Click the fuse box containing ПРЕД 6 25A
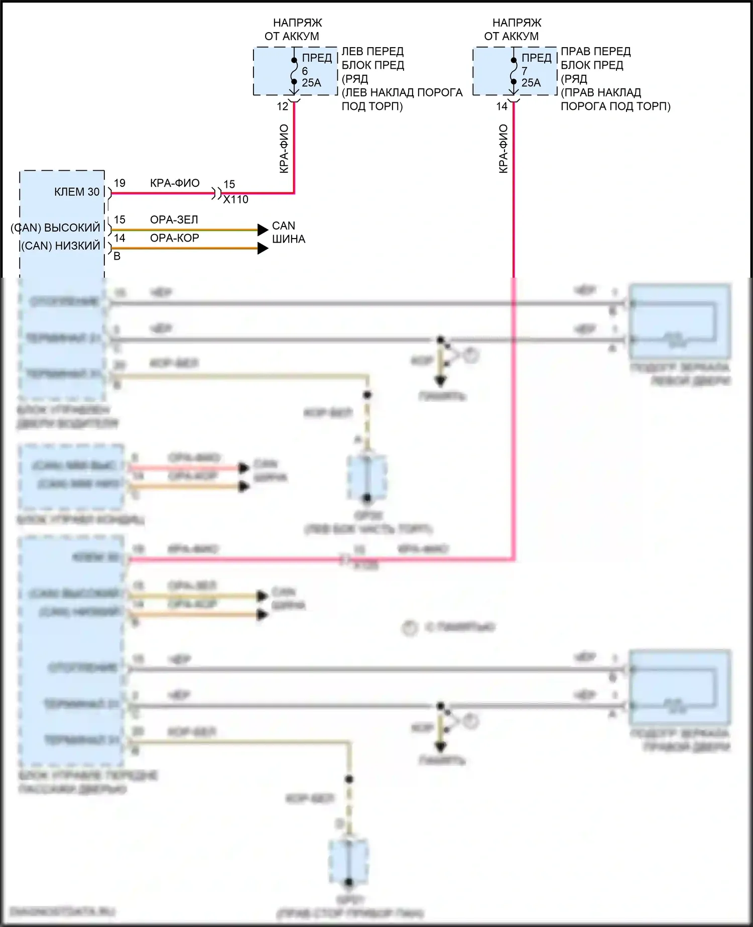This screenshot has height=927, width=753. point(295,71)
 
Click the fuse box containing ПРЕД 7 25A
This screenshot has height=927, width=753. point(515,71)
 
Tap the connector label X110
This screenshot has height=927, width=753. point(236,200)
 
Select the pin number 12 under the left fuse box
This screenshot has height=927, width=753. point(283,106)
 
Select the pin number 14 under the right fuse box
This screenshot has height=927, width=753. point(502,106)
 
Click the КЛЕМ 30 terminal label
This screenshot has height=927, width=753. point(77,192)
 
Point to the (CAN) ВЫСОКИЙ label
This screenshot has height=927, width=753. point(56,228)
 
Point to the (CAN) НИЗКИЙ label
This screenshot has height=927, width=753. point(61,246)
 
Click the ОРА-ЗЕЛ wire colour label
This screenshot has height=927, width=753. point(174,220)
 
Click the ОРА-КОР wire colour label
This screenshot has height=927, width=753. point(175,238)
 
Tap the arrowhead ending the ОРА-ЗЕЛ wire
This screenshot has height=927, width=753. point(263,230)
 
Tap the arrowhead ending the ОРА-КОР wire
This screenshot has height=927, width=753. point(263,248)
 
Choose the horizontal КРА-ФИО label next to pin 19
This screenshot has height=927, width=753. point(175,183)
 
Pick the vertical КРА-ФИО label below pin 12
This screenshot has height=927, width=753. point(284,149)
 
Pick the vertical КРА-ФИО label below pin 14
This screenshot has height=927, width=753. point(504,149)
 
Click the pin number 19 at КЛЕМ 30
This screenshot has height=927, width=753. point(119,183)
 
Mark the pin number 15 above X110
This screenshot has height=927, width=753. point(229,184)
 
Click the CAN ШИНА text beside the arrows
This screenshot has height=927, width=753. point(288,233)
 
